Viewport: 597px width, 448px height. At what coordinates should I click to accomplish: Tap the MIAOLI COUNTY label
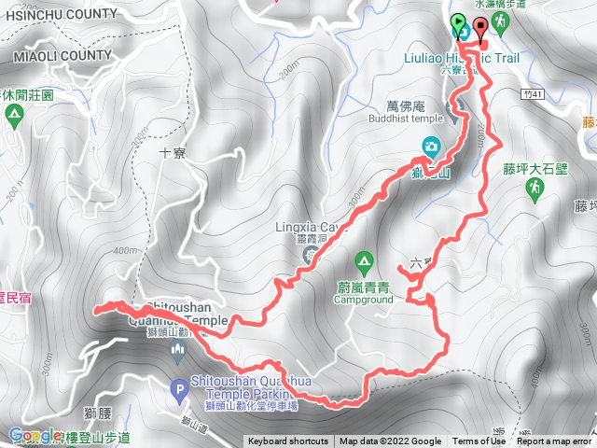[x=62, y=57]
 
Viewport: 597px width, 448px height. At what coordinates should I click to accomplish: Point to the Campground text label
[x=366, y=301]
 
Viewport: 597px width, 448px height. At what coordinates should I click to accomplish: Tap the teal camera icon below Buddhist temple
[x=431, y=146]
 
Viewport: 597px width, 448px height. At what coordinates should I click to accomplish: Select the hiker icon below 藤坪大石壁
[x=535, y=189]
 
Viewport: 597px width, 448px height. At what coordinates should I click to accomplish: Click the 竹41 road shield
[x=533, y=93]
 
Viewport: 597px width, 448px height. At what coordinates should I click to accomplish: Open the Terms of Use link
[x=479, y=441]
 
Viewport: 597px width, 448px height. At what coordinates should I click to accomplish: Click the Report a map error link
[x=554, y=441]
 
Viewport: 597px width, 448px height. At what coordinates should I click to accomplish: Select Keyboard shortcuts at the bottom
[x=288, y=441]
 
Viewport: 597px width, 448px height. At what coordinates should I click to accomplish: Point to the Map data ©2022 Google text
[x=390, y=441]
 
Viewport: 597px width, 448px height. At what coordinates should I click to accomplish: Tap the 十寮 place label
[x=174, y=153]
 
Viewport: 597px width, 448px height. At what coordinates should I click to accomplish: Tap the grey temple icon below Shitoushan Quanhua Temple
[x=178, y=349]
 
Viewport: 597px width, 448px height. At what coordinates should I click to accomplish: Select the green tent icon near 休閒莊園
[x=14, y=117]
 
